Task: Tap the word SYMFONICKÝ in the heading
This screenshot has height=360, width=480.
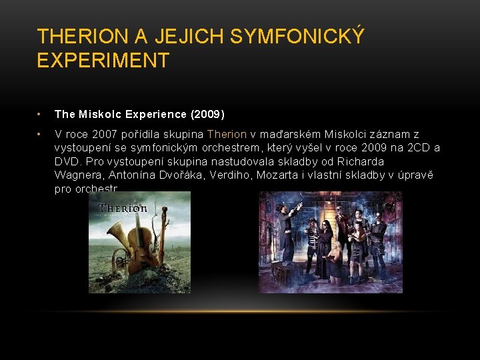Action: coord(297,37)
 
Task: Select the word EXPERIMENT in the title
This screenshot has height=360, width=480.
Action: coord(103,61)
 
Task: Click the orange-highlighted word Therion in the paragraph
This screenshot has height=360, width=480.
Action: coord(227,135)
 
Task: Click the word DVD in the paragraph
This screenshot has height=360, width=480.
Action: coord(67,162)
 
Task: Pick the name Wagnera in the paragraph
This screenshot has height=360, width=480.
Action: coord(76,175)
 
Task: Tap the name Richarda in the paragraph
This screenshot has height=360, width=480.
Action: coord(361,162)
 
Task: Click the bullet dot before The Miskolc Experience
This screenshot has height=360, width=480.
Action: coord(41,115)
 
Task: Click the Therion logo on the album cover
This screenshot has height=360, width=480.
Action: coord(123,208)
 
